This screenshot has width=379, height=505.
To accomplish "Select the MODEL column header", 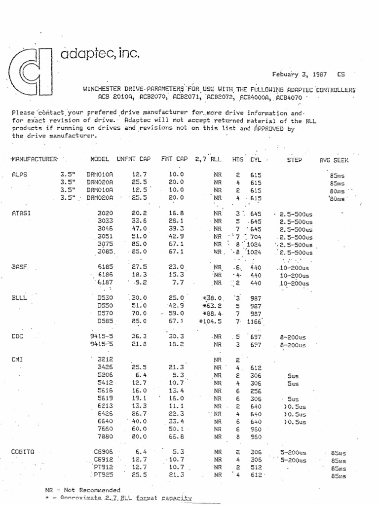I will click(100, 160).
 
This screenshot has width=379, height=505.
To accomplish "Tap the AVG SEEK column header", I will click(335, 160).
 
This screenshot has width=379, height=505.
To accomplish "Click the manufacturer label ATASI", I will click(21, 214).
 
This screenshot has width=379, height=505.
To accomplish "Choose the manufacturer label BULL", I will click(19, 298).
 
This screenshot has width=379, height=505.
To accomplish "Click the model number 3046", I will click(106, 229).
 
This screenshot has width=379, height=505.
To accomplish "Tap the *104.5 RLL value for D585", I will click(212, 321).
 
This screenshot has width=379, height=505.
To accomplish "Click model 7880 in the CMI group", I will click(106, 436).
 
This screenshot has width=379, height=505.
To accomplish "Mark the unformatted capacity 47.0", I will click(140, 229).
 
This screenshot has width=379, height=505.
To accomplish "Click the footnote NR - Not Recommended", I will click(82, 490).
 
